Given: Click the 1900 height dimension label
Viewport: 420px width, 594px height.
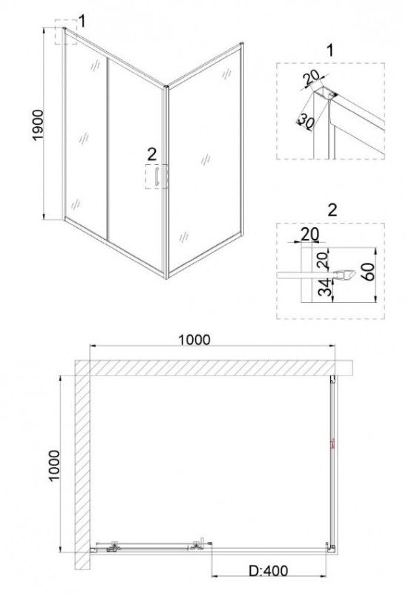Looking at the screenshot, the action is click(39, 125).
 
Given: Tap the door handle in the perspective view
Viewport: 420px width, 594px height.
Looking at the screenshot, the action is click(156, 177).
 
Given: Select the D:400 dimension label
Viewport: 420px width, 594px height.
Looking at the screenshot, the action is click(269, 570).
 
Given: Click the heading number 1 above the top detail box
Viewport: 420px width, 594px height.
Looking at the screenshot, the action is click(331, 50).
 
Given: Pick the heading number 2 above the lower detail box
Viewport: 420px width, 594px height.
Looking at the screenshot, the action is click(332, 210).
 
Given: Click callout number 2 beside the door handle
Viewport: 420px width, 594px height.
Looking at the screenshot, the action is click(151, 154).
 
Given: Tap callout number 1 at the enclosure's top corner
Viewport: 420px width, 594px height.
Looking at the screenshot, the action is click(82, 22).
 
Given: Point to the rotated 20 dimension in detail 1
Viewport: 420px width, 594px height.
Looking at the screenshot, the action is click(312, 78).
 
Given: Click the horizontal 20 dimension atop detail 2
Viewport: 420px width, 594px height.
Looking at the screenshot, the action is click(309, 235).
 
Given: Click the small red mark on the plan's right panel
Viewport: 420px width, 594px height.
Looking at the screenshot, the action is click(333, 443).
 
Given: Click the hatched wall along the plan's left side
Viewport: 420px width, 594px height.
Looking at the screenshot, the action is click(82, 465).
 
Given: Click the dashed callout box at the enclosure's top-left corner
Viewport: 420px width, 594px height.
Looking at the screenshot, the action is click(66, 31).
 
